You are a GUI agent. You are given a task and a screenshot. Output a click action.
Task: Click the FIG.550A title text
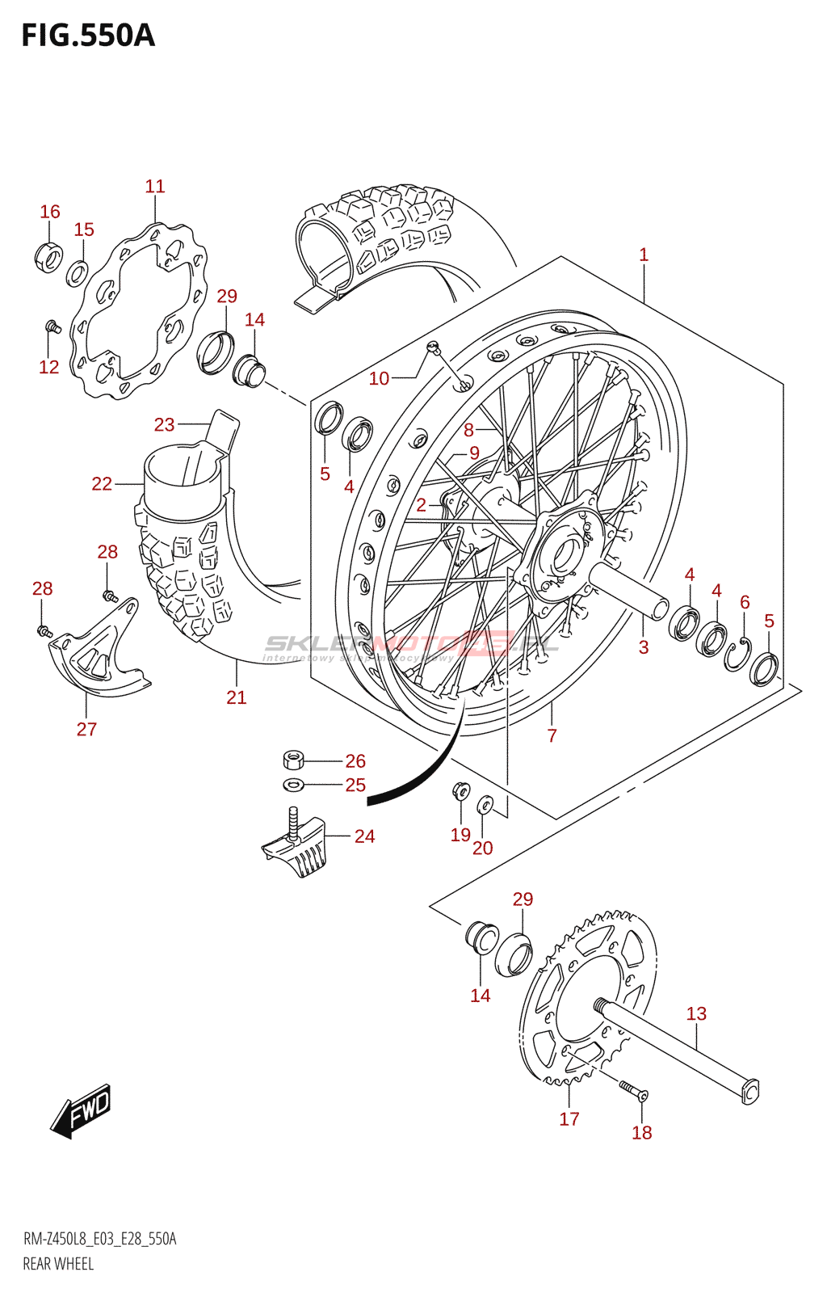[87, 36]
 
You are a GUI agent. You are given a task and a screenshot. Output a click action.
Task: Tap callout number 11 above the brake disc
[155, 187]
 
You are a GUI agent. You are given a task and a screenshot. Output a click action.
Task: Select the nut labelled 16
[49, 257]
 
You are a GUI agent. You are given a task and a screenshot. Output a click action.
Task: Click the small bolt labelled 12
[54, 327]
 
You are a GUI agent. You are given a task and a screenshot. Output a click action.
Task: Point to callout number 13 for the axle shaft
[696, 1013]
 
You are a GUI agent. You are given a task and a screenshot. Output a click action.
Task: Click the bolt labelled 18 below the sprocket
[634, 1092]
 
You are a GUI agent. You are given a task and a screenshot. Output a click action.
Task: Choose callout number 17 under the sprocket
[569, 1118]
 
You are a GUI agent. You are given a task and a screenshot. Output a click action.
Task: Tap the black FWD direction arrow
[81, 1112]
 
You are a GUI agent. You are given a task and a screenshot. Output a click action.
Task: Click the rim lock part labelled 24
[297, 847]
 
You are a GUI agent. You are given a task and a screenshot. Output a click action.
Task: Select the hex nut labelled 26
[294, 760]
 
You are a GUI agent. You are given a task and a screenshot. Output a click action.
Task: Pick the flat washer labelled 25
[292, 784]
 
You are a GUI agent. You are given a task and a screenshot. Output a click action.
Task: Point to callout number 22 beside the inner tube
[102, 484]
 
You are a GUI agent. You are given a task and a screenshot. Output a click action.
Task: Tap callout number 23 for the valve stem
[165, 424]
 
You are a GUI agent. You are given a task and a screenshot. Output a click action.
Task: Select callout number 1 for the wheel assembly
[644, 255]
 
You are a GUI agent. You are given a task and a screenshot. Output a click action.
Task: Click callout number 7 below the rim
[552, 735]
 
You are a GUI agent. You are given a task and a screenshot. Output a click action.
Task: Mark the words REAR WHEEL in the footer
[58, 1264]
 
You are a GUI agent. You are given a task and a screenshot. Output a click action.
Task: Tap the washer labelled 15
[78, 273]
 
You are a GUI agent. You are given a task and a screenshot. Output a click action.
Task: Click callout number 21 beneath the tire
[236, 697]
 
